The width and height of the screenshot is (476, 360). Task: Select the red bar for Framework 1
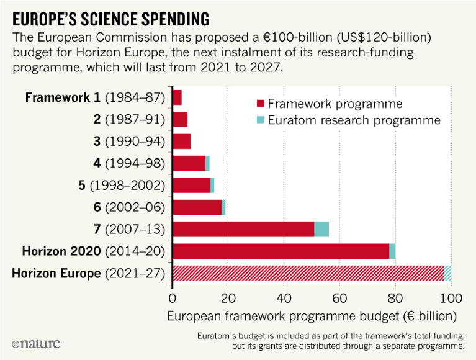point(177,97)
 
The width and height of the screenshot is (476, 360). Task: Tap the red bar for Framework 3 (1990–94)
point(181,141)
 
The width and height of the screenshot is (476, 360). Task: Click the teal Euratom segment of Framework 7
point(321,228)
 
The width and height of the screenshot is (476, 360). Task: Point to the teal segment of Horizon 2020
point(392,251)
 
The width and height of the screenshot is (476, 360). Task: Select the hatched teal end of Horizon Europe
point(448,272)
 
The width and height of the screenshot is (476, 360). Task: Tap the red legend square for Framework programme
point(261,104)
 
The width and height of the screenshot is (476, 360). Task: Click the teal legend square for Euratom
point(261,120)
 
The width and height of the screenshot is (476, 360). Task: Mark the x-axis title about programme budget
point(312,315)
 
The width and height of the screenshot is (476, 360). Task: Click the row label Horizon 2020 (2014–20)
point(93,251)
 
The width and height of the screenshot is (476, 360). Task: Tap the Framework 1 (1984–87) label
point(94,98)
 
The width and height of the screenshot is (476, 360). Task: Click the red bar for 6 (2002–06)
point(197,207)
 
